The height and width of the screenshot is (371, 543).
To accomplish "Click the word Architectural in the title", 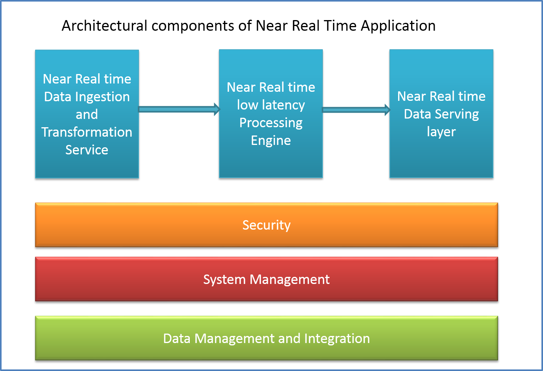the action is pos(104,26).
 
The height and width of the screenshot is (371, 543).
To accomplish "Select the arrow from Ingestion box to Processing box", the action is pos(179,109).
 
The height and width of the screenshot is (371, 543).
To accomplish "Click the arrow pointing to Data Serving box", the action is pos(356,110).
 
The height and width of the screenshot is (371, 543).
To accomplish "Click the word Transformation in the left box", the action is pos(87,132).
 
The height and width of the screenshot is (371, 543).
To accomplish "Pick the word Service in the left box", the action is pos(87,150).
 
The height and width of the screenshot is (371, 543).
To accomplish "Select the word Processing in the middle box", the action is pos(271,123).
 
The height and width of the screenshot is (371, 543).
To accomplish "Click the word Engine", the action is pos(271,141).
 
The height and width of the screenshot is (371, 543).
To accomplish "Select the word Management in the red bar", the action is pos(290,280).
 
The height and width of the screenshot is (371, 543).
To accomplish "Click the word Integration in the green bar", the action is pos(337,339).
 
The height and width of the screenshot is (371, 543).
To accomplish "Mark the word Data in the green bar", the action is pos(177,338).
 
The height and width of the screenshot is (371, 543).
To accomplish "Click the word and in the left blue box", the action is pos(87,114).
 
